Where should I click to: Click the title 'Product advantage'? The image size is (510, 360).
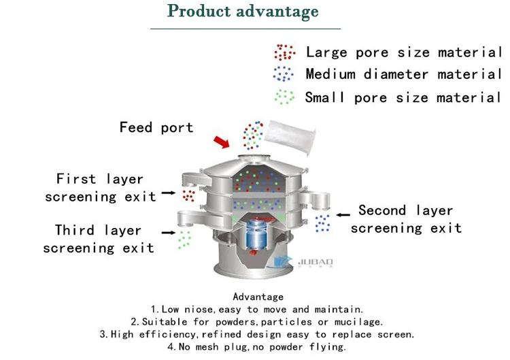pyautogui.click(x=243, y=12)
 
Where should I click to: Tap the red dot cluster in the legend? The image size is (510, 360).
pyautogui.click(x=284, y=52)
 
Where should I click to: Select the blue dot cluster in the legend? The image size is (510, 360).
pyautogui.click(x=284, y=74)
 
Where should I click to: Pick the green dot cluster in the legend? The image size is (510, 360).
pyautogui.click(x=284, y=96)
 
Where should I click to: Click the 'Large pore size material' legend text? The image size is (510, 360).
pyautogui.click(x=403, y=52)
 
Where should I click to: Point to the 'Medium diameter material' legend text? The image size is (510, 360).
pyautogui.click(x=403, y=74)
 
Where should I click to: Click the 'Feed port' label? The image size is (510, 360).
pyautogui.click(x=156, y=127)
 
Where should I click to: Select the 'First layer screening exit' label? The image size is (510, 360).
pyautogui.click(x=100, y=188)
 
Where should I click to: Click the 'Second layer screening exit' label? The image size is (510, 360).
pyautogui.click(x=406, y=219)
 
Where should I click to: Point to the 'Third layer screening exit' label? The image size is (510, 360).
pyautogui.click(x=99, y=239)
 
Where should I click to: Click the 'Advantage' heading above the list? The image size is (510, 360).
pyautogui.click(x=258, y=297)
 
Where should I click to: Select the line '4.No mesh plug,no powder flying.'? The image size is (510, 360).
pyautogui.click(x=257, y=347)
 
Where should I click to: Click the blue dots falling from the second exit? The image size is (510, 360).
pyautogui.click(x=322, y=223)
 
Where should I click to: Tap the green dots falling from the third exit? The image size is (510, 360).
pyautogui.click(x=184, y=239)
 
